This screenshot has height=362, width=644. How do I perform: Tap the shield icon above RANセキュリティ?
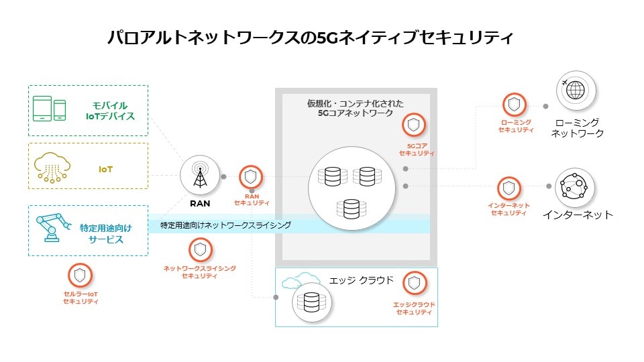[x=251, y=177]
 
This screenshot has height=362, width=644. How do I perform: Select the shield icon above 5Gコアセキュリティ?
[x=415, y=125]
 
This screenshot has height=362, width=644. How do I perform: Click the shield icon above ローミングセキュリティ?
[x=515, y=104]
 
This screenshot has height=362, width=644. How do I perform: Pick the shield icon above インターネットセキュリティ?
[x=509, y=187]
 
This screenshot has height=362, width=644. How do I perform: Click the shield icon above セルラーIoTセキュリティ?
[x=80, y=274]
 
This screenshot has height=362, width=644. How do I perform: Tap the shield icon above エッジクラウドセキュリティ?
[x=415, y=282]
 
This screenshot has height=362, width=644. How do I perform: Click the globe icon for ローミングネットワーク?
[x=575, y=92]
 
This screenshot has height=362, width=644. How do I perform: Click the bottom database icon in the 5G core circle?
[x=351, y=208]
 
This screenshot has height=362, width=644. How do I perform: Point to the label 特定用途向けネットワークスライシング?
[x=225, y=226]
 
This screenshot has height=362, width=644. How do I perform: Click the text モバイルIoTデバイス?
[x=111, y=111]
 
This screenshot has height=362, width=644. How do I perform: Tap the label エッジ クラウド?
[x=362, y=280]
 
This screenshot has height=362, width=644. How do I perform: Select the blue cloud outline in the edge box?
[x=299, y=281]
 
